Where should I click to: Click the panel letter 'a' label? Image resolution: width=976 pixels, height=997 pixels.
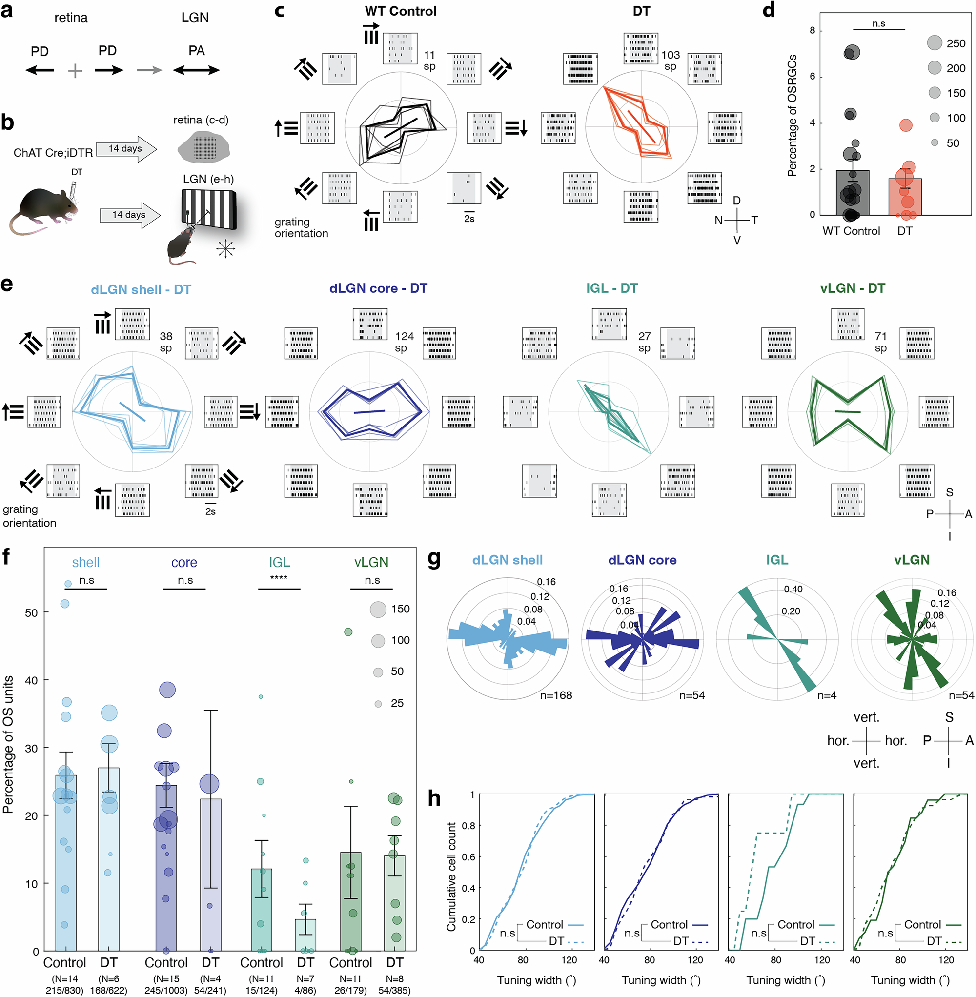(x=7, y=11)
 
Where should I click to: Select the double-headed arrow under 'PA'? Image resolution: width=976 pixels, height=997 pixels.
(x=196, y=70)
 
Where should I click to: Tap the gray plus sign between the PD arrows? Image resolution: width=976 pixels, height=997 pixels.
(x=75, y=71)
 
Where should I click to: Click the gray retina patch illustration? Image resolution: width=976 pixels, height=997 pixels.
(x=203, y=147)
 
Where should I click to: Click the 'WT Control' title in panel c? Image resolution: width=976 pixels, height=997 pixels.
(x=400, y=11)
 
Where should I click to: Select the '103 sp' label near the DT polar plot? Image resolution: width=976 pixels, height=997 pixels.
(x=670, y=61)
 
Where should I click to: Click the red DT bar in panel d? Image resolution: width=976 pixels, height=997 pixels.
(x=905, y=197)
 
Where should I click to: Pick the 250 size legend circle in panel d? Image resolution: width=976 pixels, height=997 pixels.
(x=935, y=42)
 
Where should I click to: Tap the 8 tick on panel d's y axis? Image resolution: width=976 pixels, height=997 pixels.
(x=813, y=31)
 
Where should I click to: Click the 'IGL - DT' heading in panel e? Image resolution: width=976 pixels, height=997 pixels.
(x=611, y=288)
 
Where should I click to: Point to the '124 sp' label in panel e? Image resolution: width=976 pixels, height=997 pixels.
(x=404, y=342)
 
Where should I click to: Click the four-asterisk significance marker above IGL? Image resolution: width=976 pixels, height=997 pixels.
(x=278, y=578)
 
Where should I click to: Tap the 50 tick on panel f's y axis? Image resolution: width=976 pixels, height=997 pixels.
(x=31, y=613)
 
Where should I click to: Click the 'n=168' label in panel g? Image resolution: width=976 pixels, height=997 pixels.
(x=556, y=695)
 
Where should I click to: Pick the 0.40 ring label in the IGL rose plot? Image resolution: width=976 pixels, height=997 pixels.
(x=793, y=589)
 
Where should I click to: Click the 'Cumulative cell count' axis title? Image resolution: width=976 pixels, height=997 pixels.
(x=451, y=877)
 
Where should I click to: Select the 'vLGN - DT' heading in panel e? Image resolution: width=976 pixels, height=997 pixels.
(x=852, y=288)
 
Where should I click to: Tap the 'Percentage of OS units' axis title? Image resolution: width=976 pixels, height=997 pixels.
(x=8, y=744)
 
